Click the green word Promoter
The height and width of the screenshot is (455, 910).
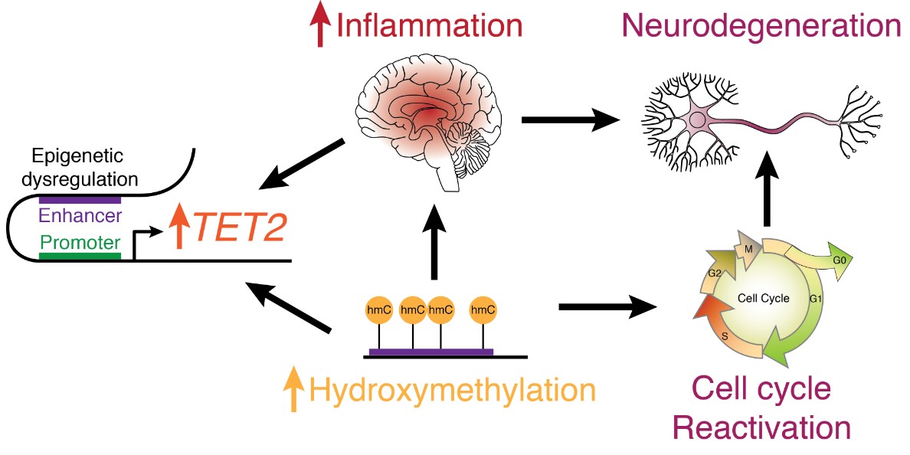pyautogui.click(x=80, y=244)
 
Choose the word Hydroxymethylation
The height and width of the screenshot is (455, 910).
pyautogui.click(x=452, y=390)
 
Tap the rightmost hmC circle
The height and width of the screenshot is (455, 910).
pyautogui.click(x=483, y=309)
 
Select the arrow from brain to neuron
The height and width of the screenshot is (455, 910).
pyautogui.click(x=570, y=119)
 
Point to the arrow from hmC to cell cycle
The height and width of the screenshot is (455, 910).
pyautogui.click(x=609, y=308)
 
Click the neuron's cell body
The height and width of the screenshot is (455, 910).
pyautogui.click(x=698, y=119)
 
